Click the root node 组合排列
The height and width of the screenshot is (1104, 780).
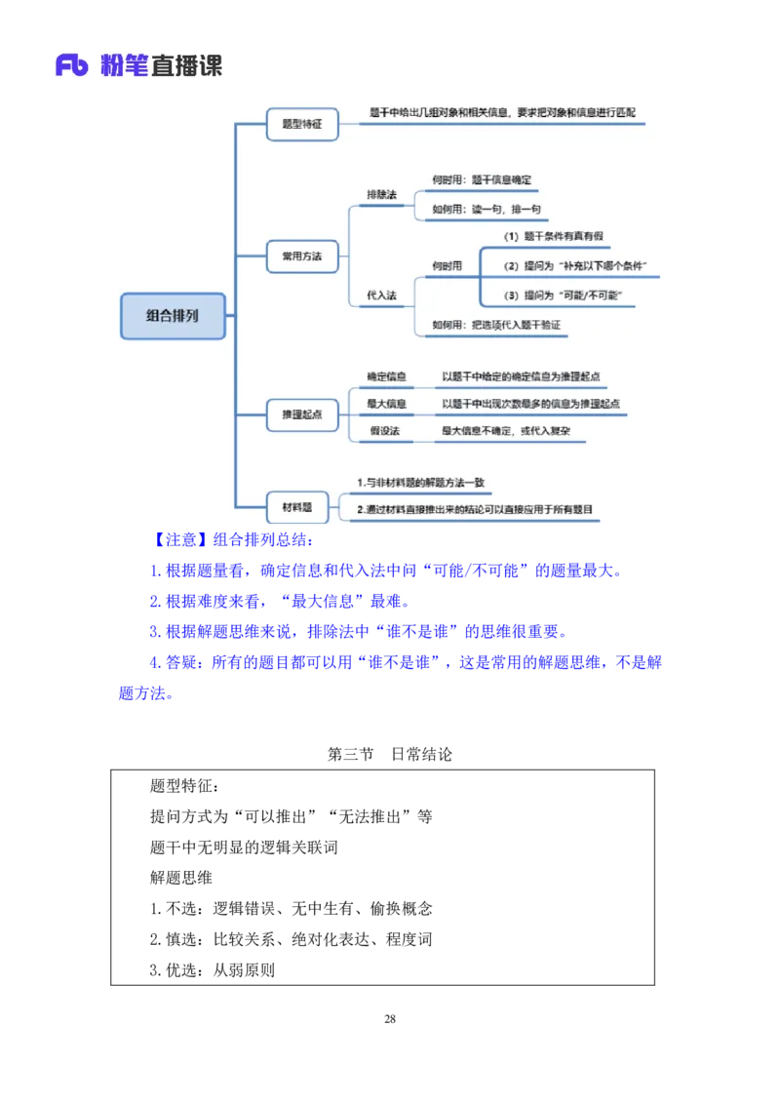tap(173, 316)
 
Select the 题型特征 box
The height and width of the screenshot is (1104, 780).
tap(302, 125)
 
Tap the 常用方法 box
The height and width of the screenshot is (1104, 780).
tap(302, 257)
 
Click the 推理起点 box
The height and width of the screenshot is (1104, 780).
tap(302, 414)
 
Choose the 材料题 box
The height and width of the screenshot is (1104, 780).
tap(297, 507)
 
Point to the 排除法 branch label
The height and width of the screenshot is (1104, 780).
tap(381, 195)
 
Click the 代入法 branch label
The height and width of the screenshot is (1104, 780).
tap(381, 295)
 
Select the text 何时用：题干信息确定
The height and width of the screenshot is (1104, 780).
tap(482, 180)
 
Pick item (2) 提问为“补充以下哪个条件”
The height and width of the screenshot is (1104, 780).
tap(575, 266)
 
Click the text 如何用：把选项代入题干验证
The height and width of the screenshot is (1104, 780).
tap(496, 325)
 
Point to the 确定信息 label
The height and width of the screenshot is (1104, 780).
tap(386, 376)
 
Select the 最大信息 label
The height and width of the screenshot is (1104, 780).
tap(386, 403)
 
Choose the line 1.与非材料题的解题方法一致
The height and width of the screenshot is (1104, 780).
tap(420, 483)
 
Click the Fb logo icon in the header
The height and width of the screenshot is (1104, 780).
tap(73, 66)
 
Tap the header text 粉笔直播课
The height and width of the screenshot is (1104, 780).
tap(162, 66)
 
